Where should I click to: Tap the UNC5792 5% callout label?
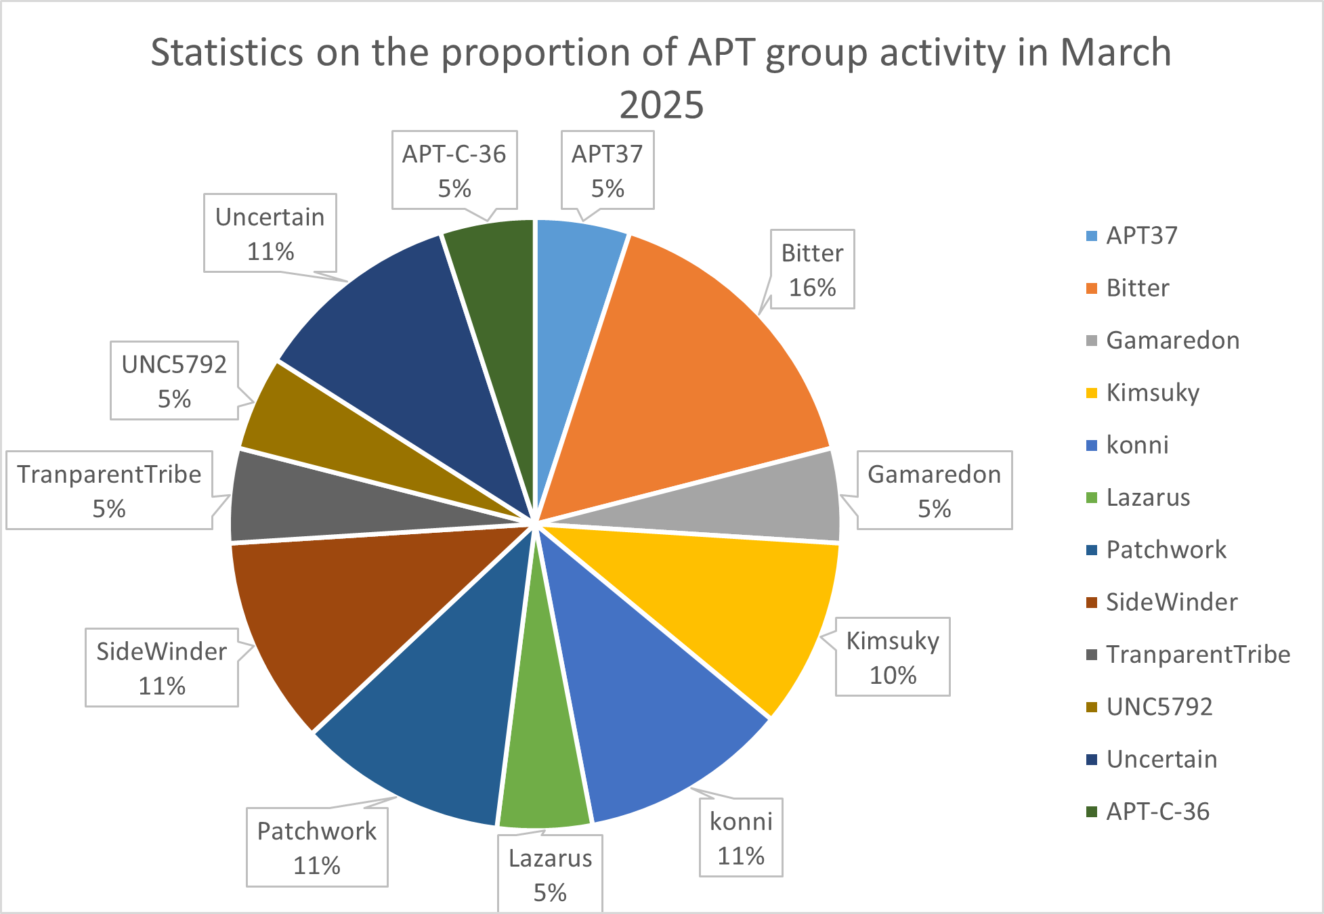[x=174, y=381]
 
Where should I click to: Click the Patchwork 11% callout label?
[x=317, y=847]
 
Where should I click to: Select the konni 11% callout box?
[x=741, y=837]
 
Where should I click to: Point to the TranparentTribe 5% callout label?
[x=109, y=490]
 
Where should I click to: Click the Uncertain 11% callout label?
[x=270, y=233]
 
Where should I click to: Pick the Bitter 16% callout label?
[x=812, y=269]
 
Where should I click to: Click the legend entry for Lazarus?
[x=1147, y=498]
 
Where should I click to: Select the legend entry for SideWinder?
[x=1171, y=602]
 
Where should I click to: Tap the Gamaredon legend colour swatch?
[x=1091, y=341]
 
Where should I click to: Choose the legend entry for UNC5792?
[x=1159, y=707]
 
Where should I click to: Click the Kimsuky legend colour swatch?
[x=1091, y=393]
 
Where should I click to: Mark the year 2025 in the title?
[x=662, y=105]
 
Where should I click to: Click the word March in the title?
[x=1115, y=52]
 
